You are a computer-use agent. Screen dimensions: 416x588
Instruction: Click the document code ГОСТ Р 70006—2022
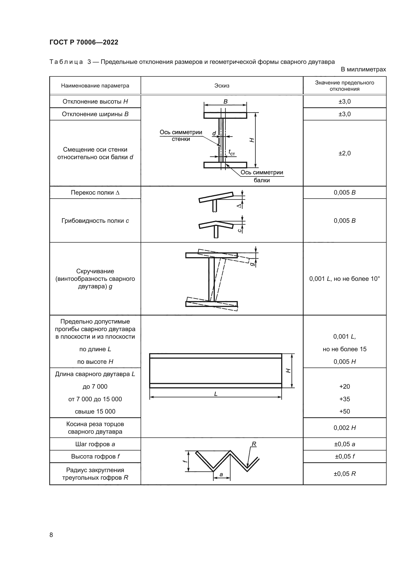tap(84, 42)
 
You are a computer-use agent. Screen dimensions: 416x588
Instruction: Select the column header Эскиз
tap(222, 86)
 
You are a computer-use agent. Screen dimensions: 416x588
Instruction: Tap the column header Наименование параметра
tap(95, 86)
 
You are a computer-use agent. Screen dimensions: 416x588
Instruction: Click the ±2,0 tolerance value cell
tap(345, 153)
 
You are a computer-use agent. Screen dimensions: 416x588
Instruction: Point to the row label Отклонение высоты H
tap(95, 101)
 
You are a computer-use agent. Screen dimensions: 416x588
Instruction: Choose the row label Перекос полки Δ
tap(95, 193)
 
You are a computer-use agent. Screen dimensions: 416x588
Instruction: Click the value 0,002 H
tap(345, 428)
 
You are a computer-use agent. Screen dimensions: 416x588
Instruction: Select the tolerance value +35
tap(345, 399)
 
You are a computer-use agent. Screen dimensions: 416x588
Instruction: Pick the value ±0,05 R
tap(345, 474)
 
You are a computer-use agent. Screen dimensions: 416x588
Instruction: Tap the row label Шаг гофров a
tap(95, 444)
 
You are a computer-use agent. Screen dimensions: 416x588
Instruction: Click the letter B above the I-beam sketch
tap(225, 101)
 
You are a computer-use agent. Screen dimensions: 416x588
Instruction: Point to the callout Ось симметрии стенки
tap(181, 135)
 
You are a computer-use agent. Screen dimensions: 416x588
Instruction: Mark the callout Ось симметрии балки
tap(262, 176)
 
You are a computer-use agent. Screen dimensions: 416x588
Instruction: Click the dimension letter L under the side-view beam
tap(216, 394)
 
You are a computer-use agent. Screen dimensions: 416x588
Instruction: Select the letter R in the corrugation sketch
tap(254, 444)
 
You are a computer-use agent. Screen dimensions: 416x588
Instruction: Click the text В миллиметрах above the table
tap(363, 69)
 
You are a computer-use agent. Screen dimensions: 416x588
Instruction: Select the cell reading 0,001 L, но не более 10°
tap(345, 279)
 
